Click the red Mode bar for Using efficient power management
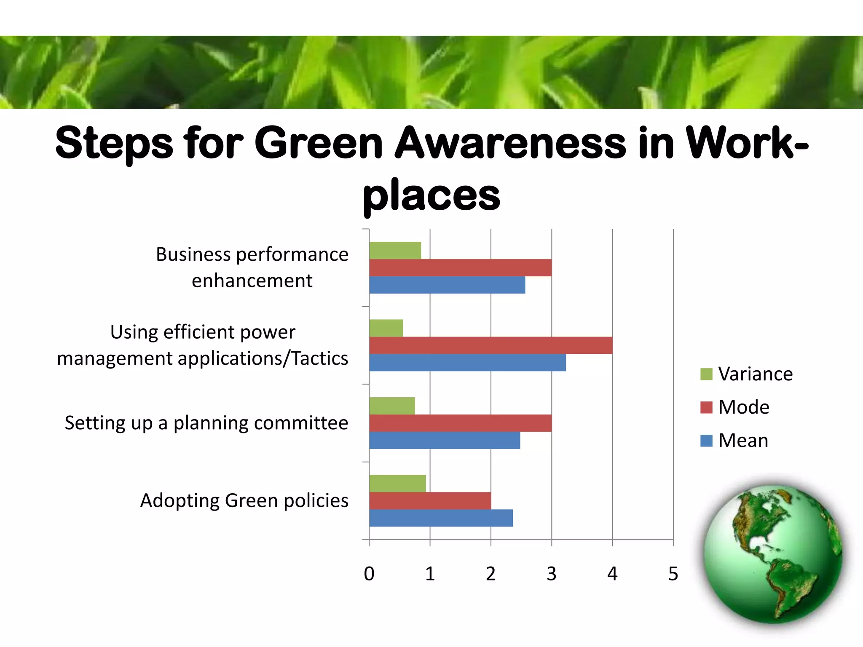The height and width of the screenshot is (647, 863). pos(490,345)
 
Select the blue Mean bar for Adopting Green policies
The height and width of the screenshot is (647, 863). pos(441,518)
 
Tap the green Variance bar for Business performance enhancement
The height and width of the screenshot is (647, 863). pos(395,251)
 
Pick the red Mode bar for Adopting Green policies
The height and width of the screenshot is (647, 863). pos(430,501)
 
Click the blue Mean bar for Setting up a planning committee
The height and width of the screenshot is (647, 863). pos(445,441)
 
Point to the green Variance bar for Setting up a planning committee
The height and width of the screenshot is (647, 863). pos(392,406)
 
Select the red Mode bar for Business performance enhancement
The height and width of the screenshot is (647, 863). pos(460,268)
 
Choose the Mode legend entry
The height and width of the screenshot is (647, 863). pos(735,407)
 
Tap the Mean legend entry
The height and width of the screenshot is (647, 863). pos(734,441)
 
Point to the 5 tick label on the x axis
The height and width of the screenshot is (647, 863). pos(673,574)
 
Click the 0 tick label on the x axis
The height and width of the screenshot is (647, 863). pos(369,574)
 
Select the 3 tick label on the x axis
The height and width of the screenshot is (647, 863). pos(551,574)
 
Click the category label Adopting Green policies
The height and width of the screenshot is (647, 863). pos(244,501)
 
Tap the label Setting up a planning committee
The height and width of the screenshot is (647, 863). pos(206,423)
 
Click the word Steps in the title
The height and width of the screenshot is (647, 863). pos(114,144)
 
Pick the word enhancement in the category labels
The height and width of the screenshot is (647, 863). pos(252,281)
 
